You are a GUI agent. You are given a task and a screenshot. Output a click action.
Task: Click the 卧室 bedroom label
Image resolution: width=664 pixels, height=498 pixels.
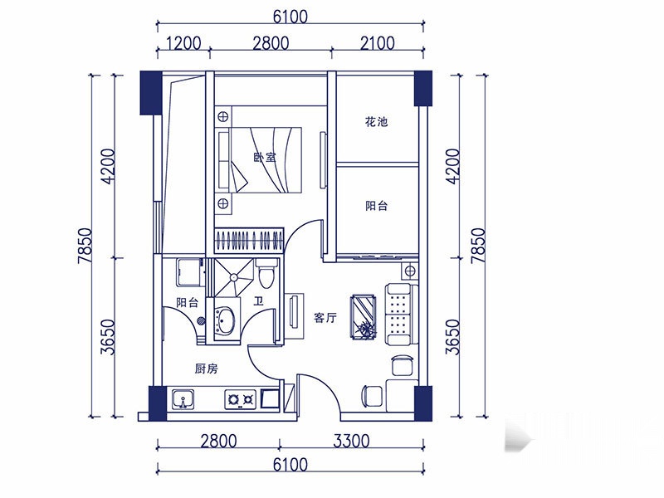(265, 158)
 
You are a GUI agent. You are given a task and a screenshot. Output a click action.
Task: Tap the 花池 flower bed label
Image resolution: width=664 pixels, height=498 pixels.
(376, 122)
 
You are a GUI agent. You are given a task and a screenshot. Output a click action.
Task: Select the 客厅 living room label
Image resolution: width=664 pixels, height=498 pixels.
(325, 317)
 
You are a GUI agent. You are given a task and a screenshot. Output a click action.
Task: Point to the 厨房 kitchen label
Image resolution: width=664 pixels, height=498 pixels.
(206, 369)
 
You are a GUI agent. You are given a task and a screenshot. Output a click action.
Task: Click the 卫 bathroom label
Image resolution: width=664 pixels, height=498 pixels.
(258, 301)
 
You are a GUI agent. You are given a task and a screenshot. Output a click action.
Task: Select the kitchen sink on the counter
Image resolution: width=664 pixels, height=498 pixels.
(183, 399)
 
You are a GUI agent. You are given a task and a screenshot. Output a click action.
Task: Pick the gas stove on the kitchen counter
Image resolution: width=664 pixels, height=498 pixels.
(240, 399)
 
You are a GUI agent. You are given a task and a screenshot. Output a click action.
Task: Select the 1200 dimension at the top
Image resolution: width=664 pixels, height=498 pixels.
(183, 43)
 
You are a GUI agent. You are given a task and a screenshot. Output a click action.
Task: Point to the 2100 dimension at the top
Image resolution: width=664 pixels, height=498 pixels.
(378, 43)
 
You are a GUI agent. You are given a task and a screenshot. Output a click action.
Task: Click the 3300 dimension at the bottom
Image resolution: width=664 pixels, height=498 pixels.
(351, 442)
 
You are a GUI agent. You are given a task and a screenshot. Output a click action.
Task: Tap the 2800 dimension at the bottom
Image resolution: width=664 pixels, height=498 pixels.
(218, 442)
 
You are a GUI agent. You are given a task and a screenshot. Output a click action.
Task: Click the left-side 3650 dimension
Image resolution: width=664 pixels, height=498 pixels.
(108, 337)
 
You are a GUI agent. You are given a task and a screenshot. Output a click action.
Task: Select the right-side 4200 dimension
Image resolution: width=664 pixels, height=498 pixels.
(452, 166)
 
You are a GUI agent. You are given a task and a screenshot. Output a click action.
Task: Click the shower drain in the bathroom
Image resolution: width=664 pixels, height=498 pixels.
(233, 277)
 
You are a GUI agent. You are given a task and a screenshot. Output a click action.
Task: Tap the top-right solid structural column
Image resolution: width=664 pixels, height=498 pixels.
(423, 88)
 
